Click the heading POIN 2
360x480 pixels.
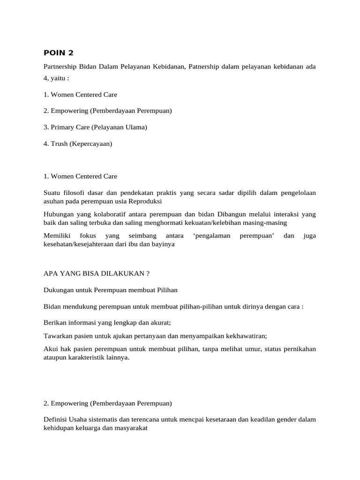pos(59,52)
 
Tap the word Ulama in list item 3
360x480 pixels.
pos(135,127)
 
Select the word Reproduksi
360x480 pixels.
pos(145,201)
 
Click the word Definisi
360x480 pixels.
pos(55,420)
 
